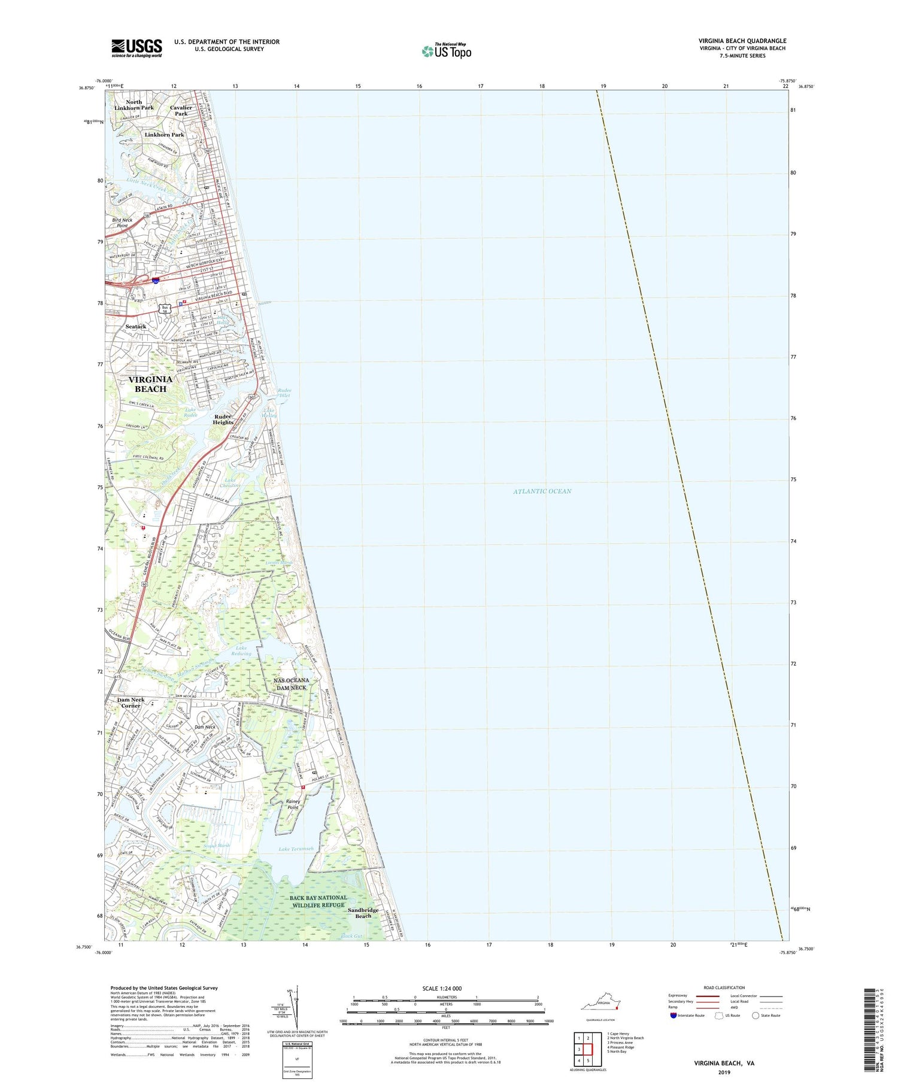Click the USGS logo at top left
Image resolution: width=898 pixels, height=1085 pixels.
click(136, 48)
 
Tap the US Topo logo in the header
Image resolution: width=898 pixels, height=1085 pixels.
click(446, 51)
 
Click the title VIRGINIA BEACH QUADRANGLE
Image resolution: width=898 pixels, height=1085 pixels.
click(742, 41)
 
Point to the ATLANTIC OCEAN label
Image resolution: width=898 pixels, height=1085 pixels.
click(542, 491)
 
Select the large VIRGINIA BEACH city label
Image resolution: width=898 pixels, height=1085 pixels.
click(150, 384)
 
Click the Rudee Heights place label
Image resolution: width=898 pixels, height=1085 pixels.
click(223, 420)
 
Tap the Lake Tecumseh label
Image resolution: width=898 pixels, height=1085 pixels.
click(296, 849)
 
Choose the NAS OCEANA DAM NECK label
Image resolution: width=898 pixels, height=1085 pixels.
click(291, 684)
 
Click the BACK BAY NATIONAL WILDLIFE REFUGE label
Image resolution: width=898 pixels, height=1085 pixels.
click(318, 901)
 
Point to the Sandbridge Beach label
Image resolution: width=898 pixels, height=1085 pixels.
click(363, 913)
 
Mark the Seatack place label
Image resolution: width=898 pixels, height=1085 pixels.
click(136, 327)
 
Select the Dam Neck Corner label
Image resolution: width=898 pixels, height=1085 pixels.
click(131, 703)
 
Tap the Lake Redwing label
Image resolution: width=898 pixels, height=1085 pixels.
click(241, 651)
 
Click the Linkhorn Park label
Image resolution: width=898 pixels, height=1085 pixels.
click(164, 135)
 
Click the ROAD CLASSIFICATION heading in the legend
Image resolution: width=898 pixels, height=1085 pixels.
click(724, 987)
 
